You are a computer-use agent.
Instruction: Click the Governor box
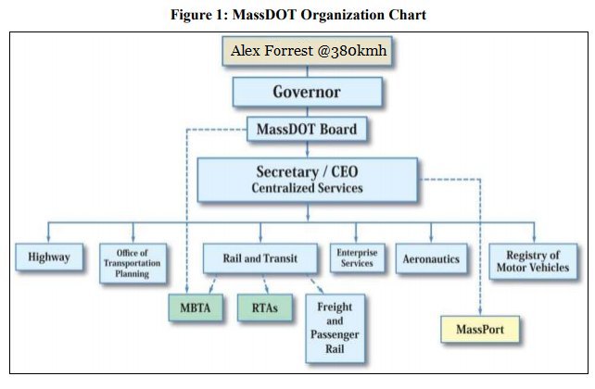coord(307,92)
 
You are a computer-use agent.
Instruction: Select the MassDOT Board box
coord(307,129)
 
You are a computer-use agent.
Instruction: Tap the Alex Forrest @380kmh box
coord(307,52)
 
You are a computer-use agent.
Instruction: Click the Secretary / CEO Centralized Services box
coord(307,180)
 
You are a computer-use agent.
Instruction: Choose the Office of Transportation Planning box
coord(132,262)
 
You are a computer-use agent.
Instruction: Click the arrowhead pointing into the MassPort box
coord(480,312)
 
